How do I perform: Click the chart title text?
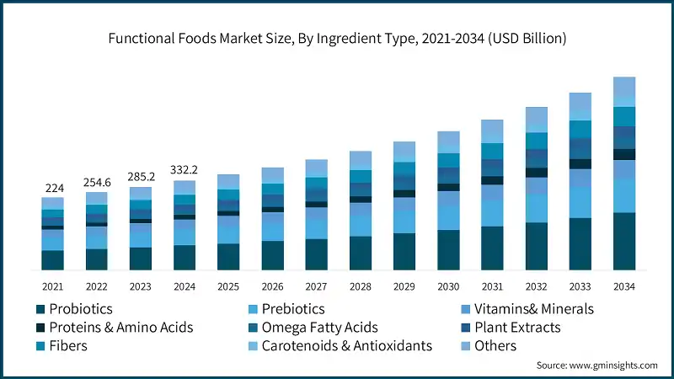(x=336, y=39)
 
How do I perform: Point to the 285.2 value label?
(x=140, y=177)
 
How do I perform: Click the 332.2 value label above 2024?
(x=184, y=169)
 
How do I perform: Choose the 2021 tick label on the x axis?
(x=52, y=286)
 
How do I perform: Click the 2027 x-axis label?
(x=316, y=286)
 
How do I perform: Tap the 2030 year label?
(x=448, y=286)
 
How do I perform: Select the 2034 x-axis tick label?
(x=623, y=286)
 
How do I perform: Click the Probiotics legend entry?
(x=80, y=309)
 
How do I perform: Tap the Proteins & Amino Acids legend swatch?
(x=40, y=328)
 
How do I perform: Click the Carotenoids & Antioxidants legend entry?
(x=346, y=346)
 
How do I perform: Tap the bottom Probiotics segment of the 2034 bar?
(x=623, y=241)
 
